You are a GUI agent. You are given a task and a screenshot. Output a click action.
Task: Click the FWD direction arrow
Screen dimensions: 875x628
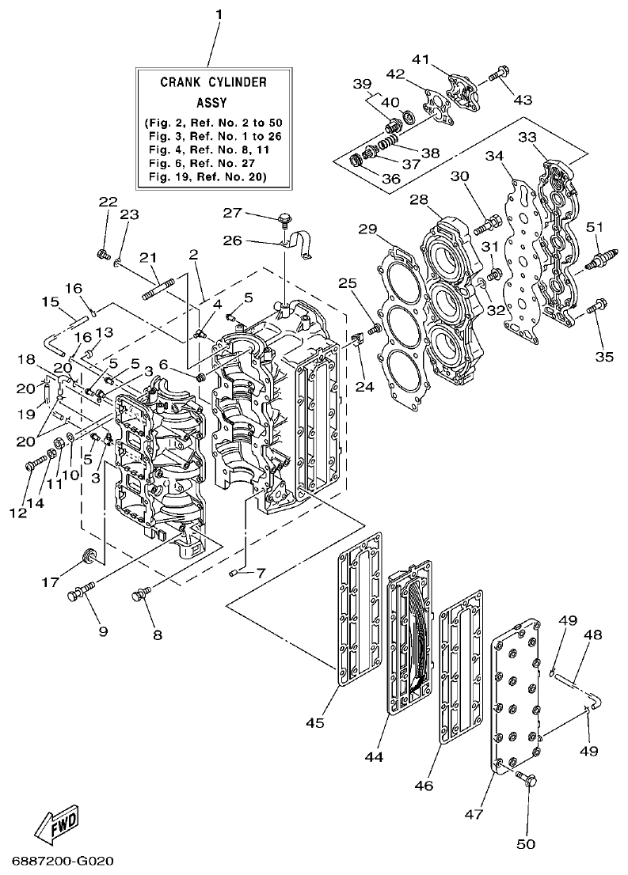(x=57, y=827)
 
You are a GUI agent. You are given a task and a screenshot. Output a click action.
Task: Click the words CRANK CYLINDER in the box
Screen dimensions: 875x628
(x=213, y=81)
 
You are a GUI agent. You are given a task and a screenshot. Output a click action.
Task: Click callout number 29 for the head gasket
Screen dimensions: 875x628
(x=367, y=229)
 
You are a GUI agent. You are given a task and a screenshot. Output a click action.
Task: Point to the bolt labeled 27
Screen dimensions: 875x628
(x=284, y=218)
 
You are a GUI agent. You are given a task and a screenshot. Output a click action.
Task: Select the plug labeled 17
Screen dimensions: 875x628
(x=89, y=555)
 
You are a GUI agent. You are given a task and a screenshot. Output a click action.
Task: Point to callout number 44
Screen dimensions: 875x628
(x=374, y=756)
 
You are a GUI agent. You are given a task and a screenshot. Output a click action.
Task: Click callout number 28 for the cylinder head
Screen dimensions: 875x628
(x=419, y=200)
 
